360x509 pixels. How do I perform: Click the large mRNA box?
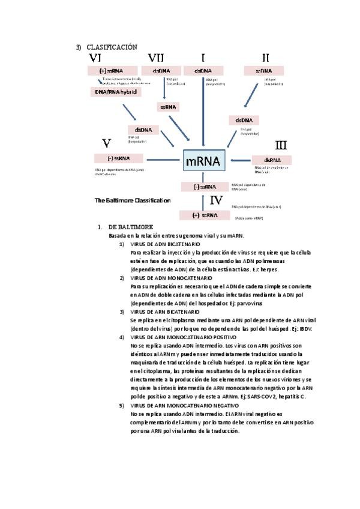[x=203, y=161]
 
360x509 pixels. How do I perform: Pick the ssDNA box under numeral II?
[x=263, y=71]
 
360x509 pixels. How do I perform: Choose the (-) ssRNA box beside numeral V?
[x=118, y=158]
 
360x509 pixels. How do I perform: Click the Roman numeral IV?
[x=217, y=200]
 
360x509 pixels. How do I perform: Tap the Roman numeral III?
[x=280, y=145]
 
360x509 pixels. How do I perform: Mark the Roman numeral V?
[x=106, y=143]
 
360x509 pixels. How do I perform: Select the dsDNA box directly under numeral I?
[x=203, y=71]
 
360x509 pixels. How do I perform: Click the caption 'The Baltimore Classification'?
[x=132, y=200]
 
